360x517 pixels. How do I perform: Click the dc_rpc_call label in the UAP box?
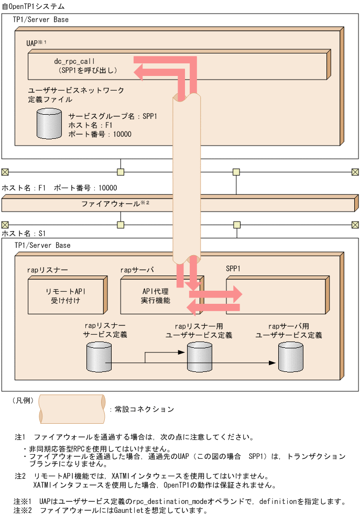[x=74, y=61]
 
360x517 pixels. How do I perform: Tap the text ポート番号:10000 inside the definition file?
[x=100, y=135]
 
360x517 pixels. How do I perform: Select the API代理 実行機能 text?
[x=156, y=295]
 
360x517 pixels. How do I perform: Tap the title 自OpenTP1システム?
[x=34, y=7]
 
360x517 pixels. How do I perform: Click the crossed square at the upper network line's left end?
[x=5, y=172]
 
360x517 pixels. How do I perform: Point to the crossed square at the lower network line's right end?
[x=355, y=225]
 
